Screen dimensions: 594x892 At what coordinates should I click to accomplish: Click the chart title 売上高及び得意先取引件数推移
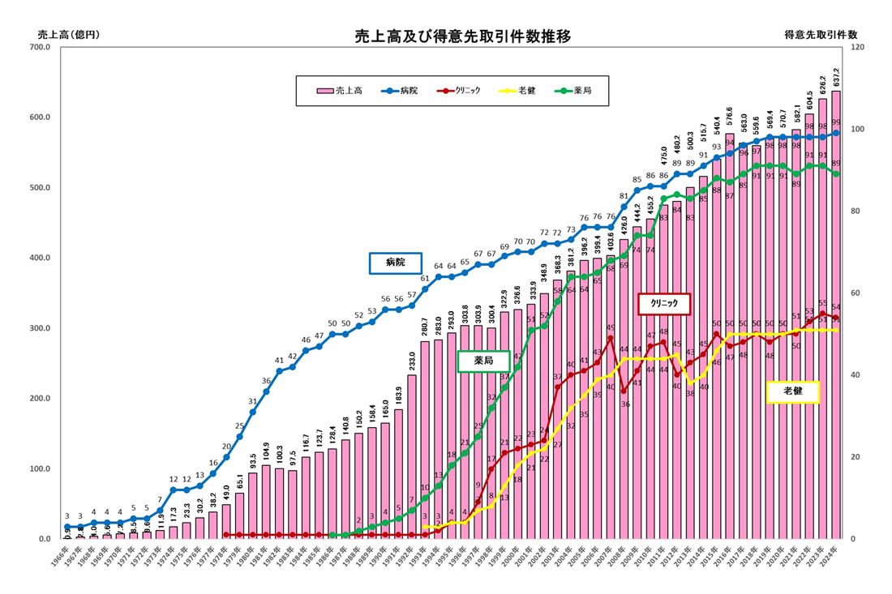pos(463,36)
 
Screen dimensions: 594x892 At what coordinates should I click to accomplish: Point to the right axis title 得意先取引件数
pos(821,35)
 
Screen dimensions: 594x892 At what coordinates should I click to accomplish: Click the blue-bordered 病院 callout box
pos(395,263)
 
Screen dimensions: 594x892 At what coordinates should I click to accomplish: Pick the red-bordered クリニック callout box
pos(663,304)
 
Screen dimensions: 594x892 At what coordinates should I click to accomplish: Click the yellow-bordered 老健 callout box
pos(793,391)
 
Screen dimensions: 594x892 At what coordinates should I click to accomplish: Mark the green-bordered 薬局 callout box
pos(483,361)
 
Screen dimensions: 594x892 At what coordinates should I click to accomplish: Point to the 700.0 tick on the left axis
pos(39,48)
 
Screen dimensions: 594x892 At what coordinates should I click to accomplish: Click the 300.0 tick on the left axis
pos(39,328)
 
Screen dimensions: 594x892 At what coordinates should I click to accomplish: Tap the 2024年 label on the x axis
pos(834,558)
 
